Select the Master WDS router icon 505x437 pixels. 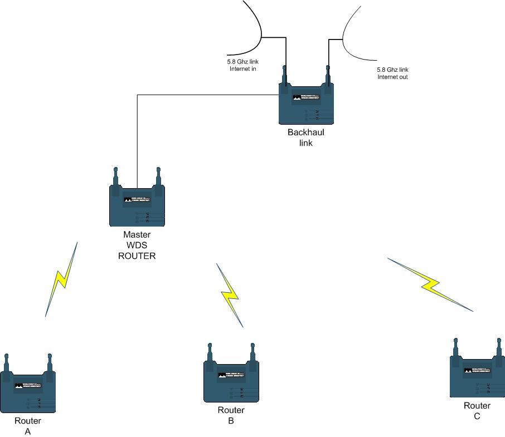point(137,204)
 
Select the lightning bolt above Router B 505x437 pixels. point(230,295)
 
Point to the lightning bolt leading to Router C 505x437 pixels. point(430,284)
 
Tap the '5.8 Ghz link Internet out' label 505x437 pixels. point(392,73)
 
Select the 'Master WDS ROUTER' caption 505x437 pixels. point(137,245)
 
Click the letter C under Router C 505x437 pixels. point(477,416)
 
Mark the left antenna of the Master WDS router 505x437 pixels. point(115,177)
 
